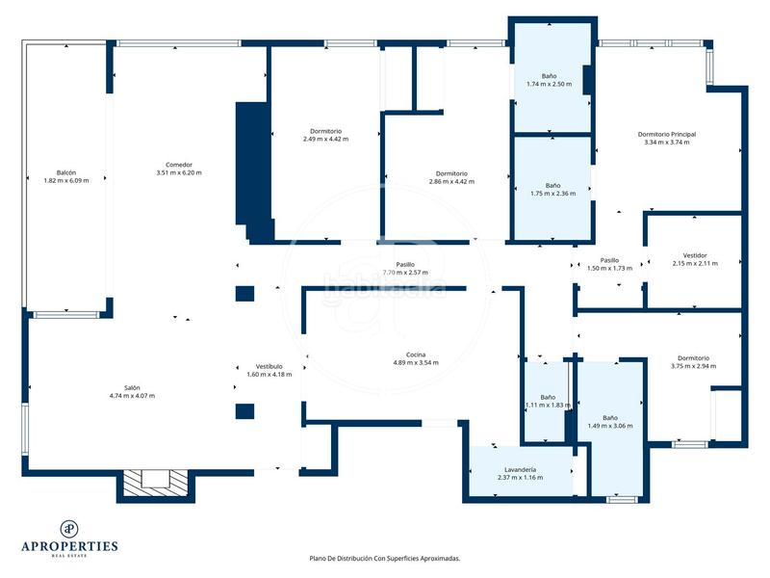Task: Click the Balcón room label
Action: pos(66,172)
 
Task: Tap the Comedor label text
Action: pos(179,165)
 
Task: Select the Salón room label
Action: pos(132,388)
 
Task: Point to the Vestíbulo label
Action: pos(269,366)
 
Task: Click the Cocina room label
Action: pos(416,355)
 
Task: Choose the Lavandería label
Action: pos(517,469)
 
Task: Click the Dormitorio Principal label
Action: pos(667,134)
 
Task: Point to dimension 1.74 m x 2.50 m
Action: pos(549,84)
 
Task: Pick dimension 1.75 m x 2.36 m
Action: pos(552,193)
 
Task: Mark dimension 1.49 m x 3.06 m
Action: pos(610,425)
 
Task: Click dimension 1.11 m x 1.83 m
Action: pos(548,405)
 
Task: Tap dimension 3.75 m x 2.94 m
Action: pos(693,365)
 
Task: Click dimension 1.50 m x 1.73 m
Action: pos(610,268)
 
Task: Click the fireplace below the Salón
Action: pos(155,480)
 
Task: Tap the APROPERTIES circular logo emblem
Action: pos(69,528)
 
